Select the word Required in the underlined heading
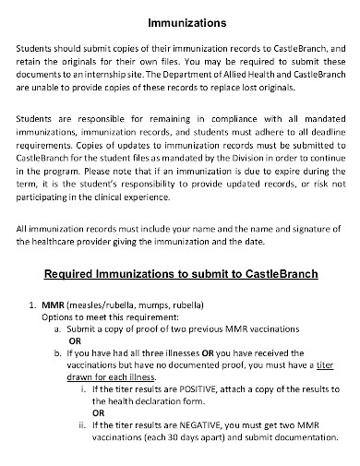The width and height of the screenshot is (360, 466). [x=75, y=273]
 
